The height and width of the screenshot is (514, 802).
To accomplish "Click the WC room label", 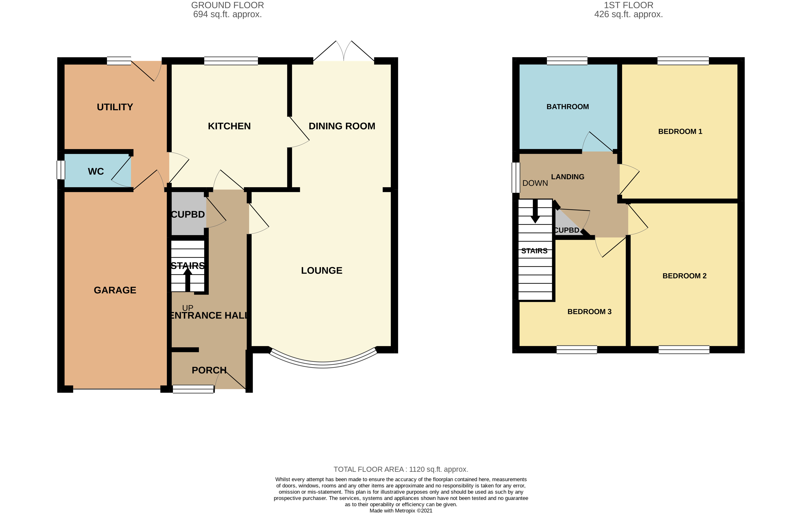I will [96, 172].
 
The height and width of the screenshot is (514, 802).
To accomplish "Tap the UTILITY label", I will [115, 107].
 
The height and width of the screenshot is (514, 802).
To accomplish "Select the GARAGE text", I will [115, 290].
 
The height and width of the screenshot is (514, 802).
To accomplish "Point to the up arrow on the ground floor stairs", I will [188, 279].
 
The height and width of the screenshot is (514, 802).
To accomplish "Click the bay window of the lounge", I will [323, 364].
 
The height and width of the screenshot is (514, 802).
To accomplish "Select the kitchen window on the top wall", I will [231, 61].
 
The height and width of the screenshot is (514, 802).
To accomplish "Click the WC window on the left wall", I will [60, 170].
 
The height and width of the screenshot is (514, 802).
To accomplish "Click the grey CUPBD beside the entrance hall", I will [188, 214].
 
